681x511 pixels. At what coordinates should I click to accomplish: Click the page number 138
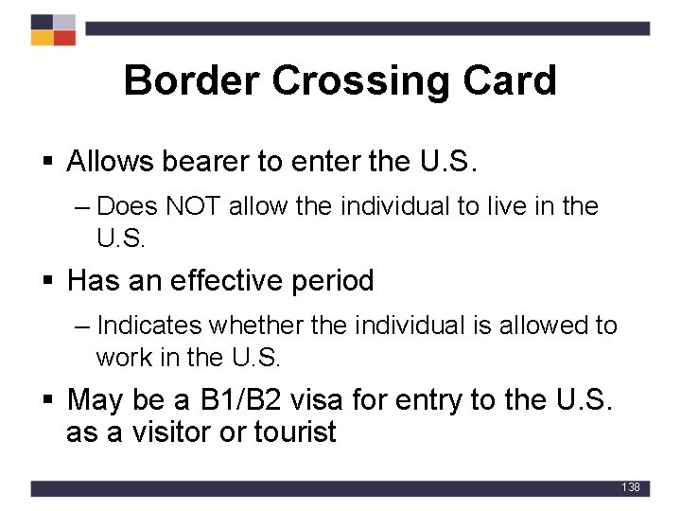[631, 487]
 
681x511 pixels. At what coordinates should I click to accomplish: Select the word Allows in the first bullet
[111, 162]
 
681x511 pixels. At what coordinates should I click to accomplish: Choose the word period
[333, 281]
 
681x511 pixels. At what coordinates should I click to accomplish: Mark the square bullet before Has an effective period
[48, 282]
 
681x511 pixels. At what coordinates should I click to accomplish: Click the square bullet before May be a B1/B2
[48, 401]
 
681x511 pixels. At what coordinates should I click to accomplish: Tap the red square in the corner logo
[64, 38]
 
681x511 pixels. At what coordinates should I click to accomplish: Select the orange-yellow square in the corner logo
[42, 38]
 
